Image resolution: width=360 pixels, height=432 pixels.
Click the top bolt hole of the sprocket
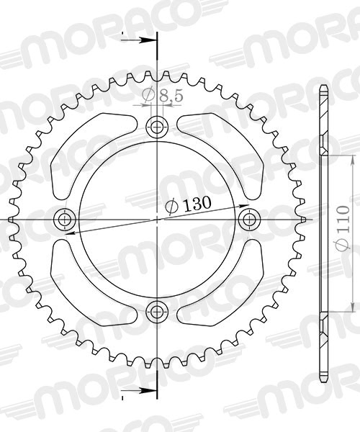coord(156,127)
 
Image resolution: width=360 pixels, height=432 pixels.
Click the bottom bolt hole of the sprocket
coord(156,311)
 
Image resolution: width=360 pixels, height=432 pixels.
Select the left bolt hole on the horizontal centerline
coord(65,219)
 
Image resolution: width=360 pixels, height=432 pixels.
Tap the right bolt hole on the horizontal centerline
coord(248,218)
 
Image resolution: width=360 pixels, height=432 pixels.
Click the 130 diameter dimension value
coord(193,204)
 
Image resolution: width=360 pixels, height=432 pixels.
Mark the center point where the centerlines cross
coord(156,219)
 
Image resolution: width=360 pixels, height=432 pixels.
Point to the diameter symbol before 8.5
coord(147,95)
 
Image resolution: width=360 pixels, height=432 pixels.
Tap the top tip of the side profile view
coord(323,88)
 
